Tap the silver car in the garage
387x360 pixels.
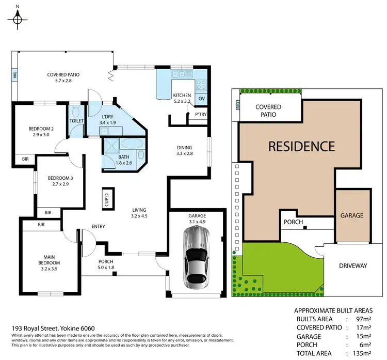197,258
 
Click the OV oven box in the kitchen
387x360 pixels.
202,99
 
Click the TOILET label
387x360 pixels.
76,120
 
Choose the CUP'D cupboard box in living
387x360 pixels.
107,198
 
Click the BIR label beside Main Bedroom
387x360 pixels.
41,225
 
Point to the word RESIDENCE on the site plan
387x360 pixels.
302,146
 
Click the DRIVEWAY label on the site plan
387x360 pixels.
353,266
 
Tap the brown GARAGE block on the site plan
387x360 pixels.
352,215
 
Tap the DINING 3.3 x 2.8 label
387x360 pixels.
184,150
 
